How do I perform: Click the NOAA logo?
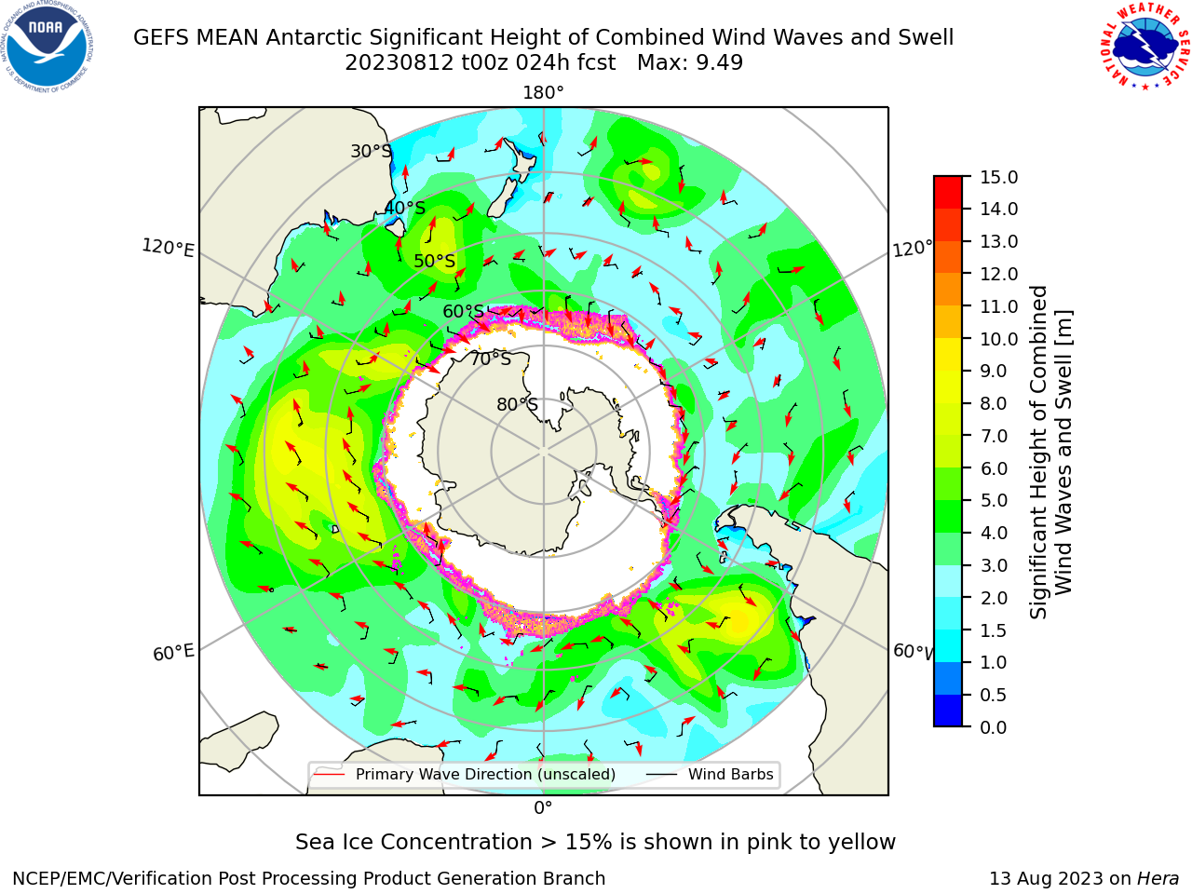[x=47, y=47]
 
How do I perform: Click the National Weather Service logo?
[x=1145, y=47]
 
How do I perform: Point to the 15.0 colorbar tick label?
[x=998, y=177]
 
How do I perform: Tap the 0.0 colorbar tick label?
[x=994, y=727]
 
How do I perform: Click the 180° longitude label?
[x=543, y=93]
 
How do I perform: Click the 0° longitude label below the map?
[x=543, y=808]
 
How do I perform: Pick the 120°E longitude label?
[x=168, y=248]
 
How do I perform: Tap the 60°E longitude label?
[x=173, y=653]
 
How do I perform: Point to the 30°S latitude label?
[x=371, y=151]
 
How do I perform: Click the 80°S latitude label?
[x=517, y=404]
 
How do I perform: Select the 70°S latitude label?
[x=491, y=359]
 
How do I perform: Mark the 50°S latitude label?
[x=435, y=261]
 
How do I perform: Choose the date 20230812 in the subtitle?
[x=400, y=62]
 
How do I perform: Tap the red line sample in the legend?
[x=330, y=774]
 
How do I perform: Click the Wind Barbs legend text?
[x=730, y=774]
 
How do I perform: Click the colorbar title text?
[x=1050, y=453]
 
